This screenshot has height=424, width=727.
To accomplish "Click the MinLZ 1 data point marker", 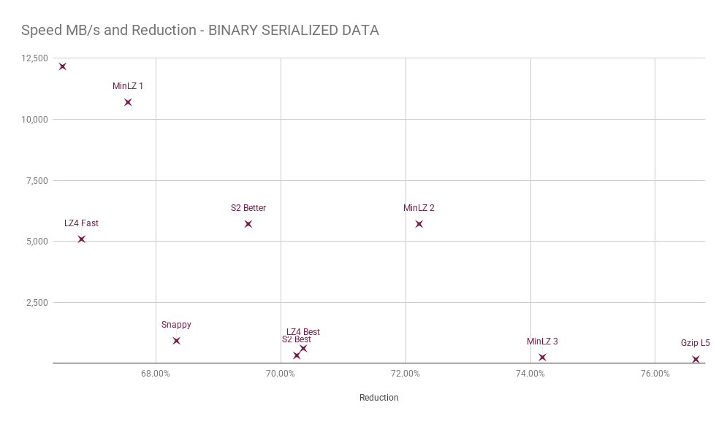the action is point(128,102).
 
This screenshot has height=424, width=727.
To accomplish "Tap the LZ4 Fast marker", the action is point(82,239).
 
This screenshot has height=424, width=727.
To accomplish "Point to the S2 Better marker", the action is point(248,224).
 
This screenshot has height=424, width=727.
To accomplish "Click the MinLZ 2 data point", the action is point(419,224).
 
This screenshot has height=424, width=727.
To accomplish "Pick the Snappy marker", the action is point(176,341).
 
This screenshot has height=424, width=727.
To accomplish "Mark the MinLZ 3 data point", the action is point(542,358).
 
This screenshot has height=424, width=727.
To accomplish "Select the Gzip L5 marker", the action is point(696,359).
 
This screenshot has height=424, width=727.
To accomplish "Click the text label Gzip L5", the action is point(696,343).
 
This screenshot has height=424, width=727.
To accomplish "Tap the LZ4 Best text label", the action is point(303,332).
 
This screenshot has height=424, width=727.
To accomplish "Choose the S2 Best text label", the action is point(296,339).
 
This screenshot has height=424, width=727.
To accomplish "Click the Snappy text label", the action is point(176,325).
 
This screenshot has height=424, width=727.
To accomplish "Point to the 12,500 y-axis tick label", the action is point(34,58).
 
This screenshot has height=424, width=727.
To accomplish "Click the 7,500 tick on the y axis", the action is point(37,180).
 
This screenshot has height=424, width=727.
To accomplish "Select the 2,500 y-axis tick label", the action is point(37,303).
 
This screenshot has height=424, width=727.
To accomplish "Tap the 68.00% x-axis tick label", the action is point(156,374).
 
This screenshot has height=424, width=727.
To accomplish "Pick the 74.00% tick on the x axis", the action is point(530,374).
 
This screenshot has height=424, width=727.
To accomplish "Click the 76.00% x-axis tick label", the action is point(655,374).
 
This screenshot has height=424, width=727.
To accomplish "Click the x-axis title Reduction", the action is point(378,398).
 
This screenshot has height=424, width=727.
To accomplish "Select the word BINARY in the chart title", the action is point(233,30).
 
